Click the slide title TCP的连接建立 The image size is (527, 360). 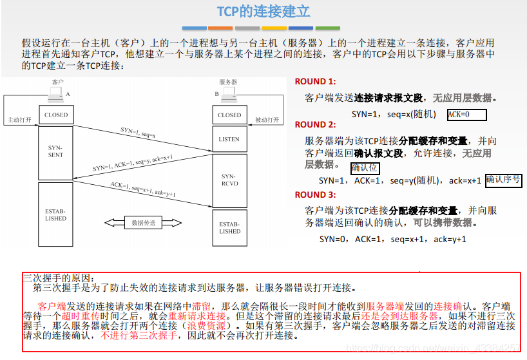pyautogui.click(x=263, y=12)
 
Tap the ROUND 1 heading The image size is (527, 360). pyautogui.click(x=315, y=82)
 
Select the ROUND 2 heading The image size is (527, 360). pyautogui.click(x=315, y=124)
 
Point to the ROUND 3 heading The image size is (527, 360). pyautogui.click(x=315, y=194)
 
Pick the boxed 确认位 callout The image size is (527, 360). pyautogui.click(x=365, y=168)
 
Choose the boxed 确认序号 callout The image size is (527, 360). pyautogui.click(x=503, y=180)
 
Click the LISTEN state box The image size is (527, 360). pyautogui.click(x=229, y=139)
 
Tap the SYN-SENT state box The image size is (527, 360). pyautogui.click(x=55, y=151)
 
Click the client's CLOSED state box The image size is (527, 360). pyautogui.click(x=55, y=115)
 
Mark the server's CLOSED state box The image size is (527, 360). pyautogui.click(x=229, y=115)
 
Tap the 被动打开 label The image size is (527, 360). pyautogui.click(x=266, y=120)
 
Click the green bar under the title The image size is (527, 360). pyautogui.click(x=328, y=28)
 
